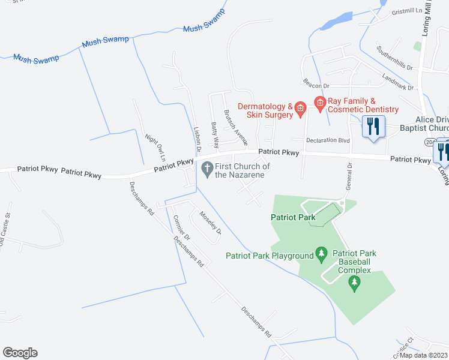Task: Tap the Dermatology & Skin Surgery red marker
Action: click(x=301, y=107)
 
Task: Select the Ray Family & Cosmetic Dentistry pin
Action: click(x=319, y=103)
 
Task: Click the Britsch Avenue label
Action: click(x=235, y=128)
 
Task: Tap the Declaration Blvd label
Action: click(x=328, y=140)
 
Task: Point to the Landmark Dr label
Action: click(x=398, y=83)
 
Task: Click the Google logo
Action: click(x=20, y=353)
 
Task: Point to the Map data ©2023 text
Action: click(x=423, y=355)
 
